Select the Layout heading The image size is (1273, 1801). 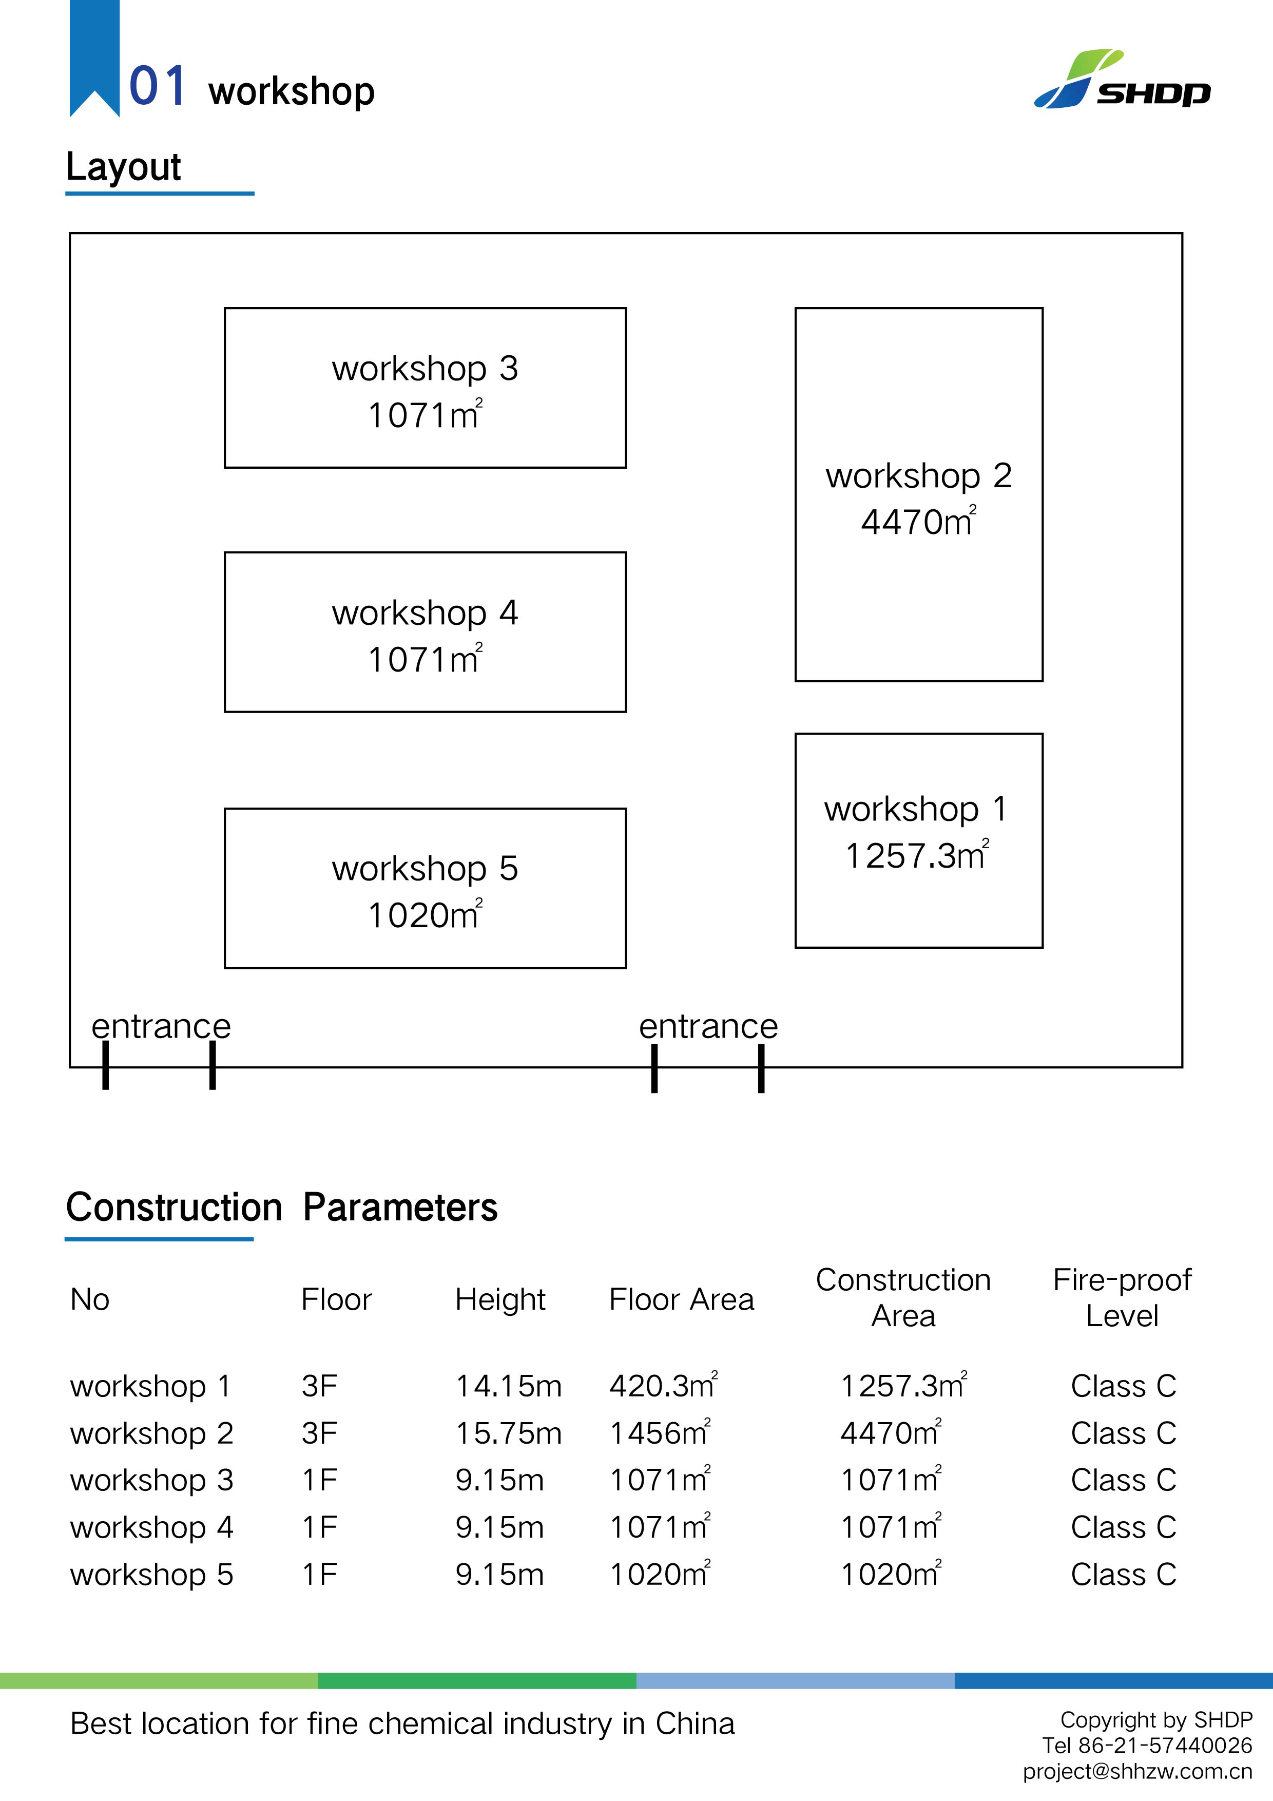[124, 166]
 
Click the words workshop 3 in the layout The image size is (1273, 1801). [425, 369]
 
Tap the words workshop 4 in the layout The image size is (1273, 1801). [425, 612]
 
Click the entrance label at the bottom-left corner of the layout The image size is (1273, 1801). [161, 1026]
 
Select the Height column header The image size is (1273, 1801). [499, 1300]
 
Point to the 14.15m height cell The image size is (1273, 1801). [508, 1386]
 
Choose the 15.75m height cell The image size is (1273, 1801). [508, 1433]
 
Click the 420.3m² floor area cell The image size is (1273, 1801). [663, 1386]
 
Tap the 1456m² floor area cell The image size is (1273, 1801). [660, 1433]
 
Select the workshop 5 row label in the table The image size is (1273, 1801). [151, 1574]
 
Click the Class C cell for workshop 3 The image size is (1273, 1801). [1123, 1480]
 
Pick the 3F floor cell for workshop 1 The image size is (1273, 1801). [319, 1386]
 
